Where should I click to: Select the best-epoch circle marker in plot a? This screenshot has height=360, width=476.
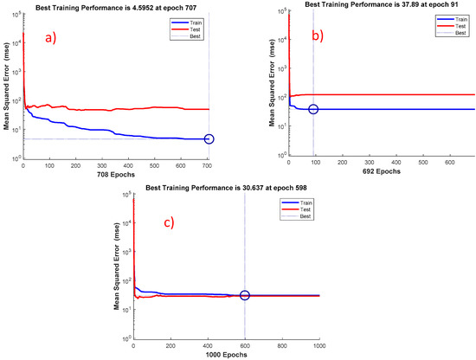[x=209, y=139]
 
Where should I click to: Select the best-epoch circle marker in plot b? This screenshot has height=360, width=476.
[x=313, y=109]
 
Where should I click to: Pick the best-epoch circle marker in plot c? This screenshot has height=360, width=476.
[x=245, y=295]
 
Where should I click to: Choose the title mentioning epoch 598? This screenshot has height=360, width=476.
[x=226, y=188]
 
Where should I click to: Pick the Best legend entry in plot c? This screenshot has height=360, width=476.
[x=301, y=213]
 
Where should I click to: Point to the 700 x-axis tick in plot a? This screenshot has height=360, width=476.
[x=207, y=166]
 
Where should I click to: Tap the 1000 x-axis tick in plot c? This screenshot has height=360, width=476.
[x=318, y=344]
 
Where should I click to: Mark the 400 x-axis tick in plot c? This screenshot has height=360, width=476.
[x=207, y=344]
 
